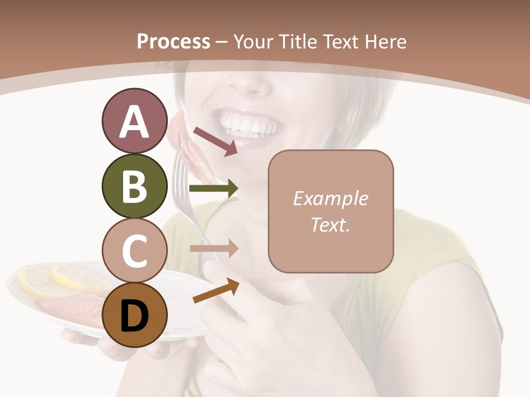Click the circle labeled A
point(134,121)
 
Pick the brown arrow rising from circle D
point(216,291)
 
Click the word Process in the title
point(173,41)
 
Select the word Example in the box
point(330,198)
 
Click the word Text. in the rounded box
point(330,224)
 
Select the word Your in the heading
point(253,41)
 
